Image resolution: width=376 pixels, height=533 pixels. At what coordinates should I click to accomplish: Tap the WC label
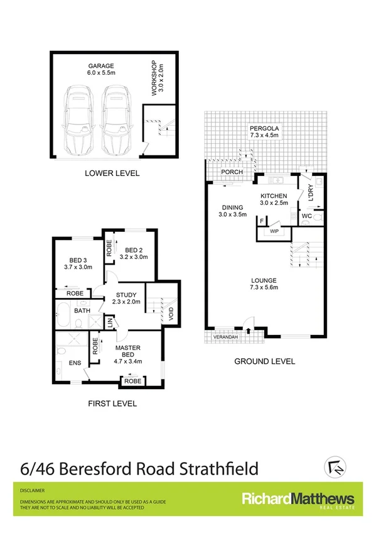[x=307, y=216]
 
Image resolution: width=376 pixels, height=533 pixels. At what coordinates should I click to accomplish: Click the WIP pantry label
[x=274, y=231]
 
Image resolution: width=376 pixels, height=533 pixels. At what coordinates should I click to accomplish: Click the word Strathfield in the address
[x=217, y=468]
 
